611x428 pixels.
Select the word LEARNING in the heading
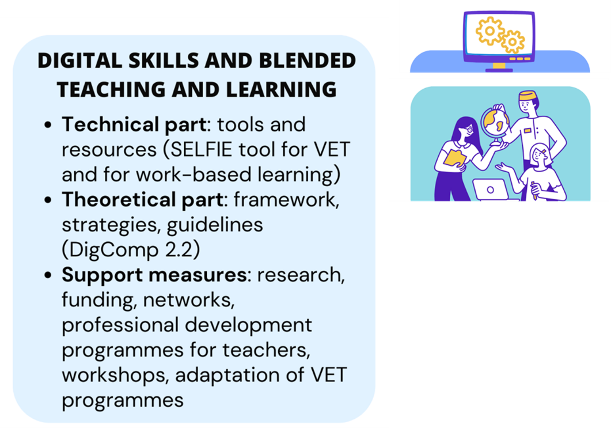(x=281, y=89)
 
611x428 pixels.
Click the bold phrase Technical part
(x=134, y=125)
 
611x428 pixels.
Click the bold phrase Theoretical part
(x=142, y=200)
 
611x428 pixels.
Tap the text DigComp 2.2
(x=131, y=250)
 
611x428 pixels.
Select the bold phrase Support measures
(x=154, y=274)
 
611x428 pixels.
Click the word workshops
(x=115, y=376)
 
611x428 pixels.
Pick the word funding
(x=99, y=301)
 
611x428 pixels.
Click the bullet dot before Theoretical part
(x=48, y=200)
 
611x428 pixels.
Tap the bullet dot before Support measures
(x=48, y=275)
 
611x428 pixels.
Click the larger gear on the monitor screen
(x=490, y=31)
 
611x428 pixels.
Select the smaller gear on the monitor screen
(x=513, y=41)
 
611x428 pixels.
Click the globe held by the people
(x=495, y=123)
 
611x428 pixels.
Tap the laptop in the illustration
(x=492, y=190)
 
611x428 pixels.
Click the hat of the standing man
(x=527, y=96)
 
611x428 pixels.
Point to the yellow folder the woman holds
(x=455, y=157)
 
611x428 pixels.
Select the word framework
(x=286, y=200)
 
